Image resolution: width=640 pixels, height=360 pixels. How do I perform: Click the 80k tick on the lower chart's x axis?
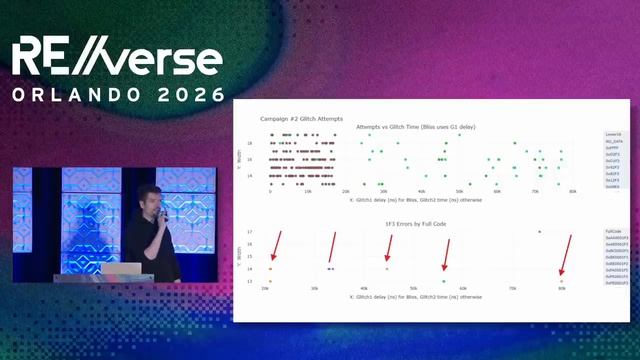(x=562, y=288)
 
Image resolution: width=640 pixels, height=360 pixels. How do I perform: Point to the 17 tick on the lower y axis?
(x=250, y=232)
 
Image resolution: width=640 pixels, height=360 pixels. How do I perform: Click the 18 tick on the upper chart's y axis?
(x=250, y=143)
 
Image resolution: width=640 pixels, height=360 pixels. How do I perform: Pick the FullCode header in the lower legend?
(x=612, y=231)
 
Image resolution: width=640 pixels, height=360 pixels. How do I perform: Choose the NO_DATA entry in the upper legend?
(x=613, y=141)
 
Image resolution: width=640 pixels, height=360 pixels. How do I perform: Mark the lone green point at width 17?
(x=539, y=232)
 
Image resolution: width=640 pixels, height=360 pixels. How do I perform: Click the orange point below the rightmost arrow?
(x=561, y=281)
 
